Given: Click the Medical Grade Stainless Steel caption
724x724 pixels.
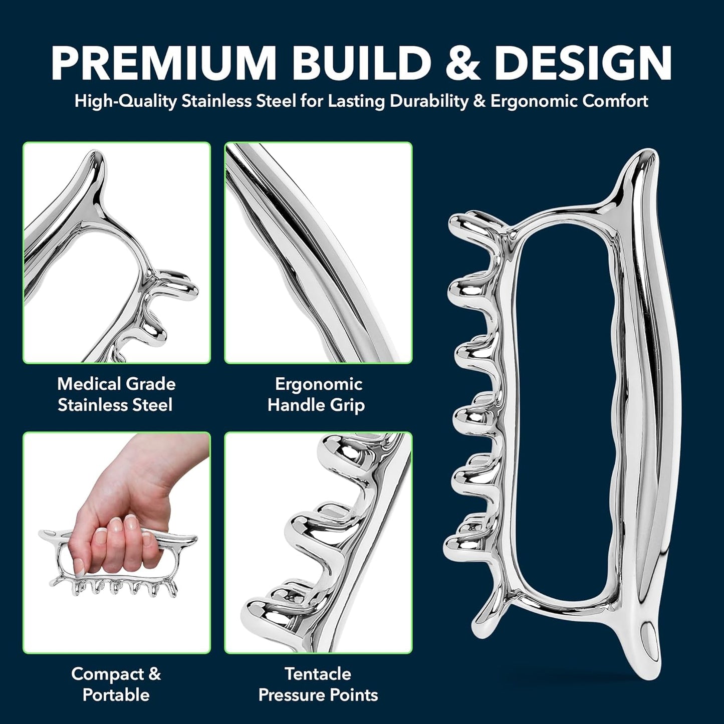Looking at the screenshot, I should [116, 394].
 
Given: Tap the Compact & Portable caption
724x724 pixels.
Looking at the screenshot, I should [116, 684].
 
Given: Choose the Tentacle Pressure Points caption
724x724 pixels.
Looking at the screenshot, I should [318, 684].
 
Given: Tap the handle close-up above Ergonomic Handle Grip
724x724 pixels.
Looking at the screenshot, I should [318, 253].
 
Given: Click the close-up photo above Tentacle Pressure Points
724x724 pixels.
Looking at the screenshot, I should [318, 543].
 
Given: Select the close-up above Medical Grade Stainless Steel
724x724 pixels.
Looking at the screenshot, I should [116, 253].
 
